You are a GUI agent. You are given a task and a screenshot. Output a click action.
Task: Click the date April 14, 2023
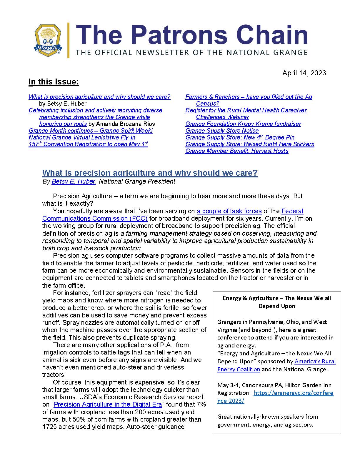pyautogui.click(x=304, y=73)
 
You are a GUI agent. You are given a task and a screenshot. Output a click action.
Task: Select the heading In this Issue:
pyautogui.click(x=54, y=82)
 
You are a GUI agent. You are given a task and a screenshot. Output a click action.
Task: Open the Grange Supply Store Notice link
pyautogui.click(x=222, y=131)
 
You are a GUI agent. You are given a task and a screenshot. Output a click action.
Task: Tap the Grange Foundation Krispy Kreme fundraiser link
pyautogui.click(x=243, y=124)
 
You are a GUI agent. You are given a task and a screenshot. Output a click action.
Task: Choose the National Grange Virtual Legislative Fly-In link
pyautogui.click(x=82, y=137)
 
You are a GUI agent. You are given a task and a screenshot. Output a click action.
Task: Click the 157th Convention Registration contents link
pyautogui.click(x=88, y=144)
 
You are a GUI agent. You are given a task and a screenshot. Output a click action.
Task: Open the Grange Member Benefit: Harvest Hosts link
pyautogui.click(x=237, y=151)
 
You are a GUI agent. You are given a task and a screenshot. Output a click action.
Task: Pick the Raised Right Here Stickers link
pyautogui.click(x=250, y=144)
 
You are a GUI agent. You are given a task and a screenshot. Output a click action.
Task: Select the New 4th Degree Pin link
pyautogui.click(x=240, y=137)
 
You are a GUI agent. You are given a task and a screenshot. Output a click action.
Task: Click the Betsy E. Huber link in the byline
pyautogui.click(x=74, y=182)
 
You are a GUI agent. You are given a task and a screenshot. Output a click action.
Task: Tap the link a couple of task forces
pyautogui.click(x=229, y=211)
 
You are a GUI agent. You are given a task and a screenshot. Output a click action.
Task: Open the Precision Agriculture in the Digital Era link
pyautogui.click(x=108, y=405)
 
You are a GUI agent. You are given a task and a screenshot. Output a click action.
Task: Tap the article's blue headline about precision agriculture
pyautogui.click(x=150, y=173)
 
